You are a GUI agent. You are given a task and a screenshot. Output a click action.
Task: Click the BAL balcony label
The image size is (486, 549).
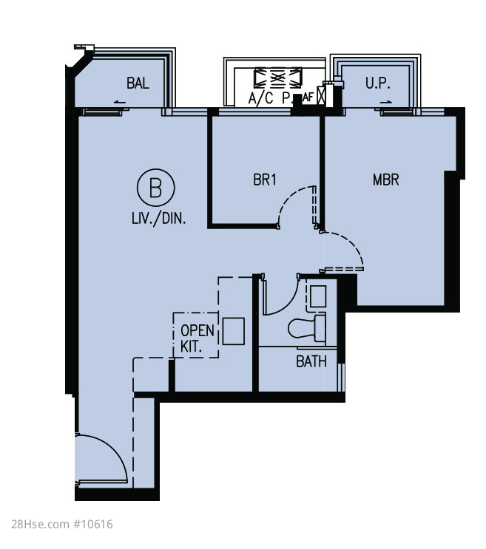click(x=138, y=83)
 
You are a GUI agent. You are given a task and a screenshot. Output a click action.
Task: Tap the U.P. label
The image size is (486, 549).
click(x=378, y=83)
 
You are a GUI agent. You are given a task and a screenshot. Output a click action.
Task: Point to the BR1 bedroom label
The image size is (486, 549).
click(x=265, y=180)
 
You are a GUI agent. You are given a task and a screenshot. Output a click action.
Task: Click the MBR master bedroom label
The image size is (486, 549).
click(x=386, y=180)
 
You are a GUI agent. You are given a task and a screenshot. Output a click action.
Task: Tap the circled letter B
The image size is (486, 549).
click(x=155, y=188)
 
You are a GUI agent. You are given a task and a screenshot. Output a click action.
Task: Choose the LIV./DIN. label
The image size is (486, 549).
click(x=159, y=219)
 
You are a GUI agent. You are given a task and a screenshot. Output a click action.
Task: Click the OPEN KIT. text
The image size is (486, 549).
click(x=197, y=338)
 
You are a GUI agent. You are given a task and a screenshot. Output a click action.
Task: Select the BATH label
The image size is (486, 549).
click(x=311, y=361)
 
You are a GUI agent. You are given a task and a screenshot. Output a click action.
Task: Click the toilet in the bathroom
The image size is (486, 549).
click(x=307, y=328)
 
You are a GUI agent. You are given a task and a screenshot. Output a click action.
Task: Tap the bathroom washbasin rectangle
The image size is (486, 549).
click(x=318, y=296)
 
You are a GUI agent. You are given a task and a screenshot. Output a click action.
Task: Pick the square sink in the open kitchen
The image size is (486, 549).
click(x=234, y=331)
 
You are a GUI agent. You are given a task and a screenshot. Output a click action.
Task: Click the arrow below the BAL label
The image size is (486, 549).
click(x=120, y=102)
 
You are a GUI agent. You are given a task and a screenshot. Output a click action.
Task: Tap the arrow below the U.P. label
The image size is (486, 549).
click(x=386, y=102)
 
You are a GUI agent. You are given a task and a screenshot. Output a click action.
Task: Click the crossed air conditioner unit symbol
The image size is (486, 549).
click(x=278, y=78)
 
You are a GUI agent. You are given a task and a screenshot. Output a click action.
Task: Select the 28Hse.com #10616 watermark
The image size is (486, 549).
click(x=62, y=524)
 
